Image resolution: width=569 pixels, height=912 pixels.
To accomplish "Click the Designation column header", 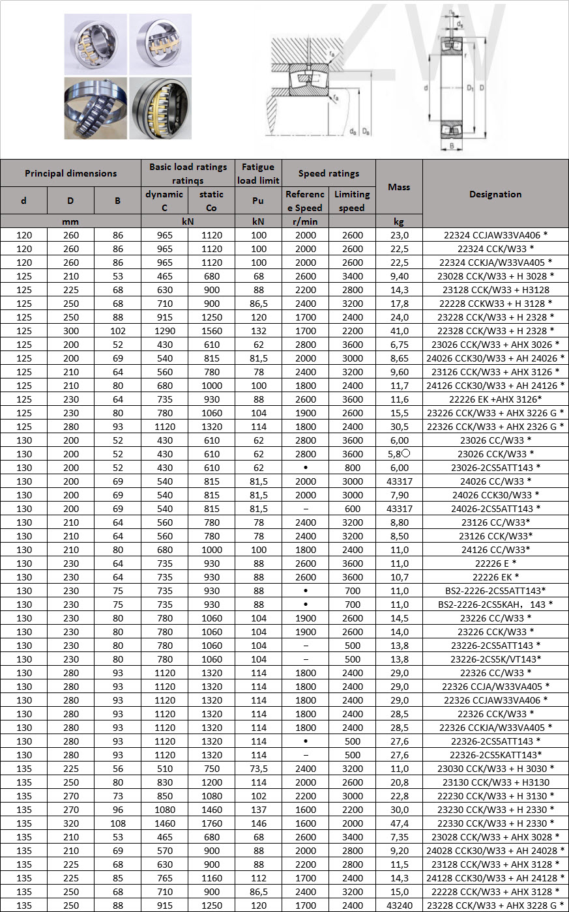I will click(495, 194).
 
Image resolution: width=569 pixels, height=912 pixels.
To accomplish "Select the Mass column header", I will click(399, 187).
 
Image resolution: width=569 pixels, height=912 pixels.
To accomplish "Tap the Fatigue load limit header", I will click(258, 173).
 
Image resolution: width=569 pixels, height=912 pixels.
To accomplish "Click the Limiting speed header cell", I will click(352, 201).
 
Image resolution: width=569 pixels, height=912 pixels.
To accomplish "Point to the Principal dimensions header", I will click(70, 173).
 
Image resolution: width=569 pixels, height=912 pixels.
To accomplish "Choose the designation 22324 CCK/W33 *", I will click(495, 249).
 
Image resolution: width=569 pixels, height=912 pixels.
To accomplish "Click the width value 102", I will click(117, 331).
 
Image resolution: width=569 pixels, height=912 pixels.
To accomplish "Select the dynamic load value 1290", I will click(164, 331).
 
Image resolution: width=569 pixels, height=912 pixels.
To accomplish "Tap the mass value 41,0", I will click(399, 331).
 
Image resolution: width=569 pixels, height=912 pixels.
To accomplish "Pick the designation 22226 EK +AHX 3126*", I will click(495, 399).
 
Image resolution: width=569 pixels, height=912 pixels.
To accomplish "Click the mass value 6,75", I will click(399, 345).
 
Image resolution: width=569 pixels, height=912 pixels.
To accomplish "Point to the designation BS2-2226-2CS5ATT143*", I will click(495, 591).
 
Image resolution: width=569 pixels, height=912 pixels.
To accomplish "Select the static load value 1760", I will click(211, 823).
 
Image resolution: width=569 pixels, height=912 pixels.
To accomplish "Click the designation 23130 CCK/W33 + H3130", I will click(495, 782).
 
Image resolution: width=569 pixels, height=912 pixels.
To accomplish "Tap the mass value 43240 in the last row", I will click(399, 905).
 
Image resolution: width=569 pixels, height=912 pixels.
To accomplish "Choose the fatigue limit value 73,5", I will click(258, 769).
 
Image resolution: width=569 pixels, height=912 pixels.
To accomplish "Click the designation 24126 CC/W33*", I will click(495, 550).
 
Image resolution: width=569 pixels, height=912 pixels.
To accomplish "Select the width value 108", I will click(117, 823).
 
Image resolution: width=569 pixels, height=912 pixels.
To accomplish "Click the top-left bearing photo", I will click(95, 44).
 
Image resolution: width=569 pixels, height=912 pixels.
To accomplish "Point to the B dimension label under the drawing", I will click(452, 146).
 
